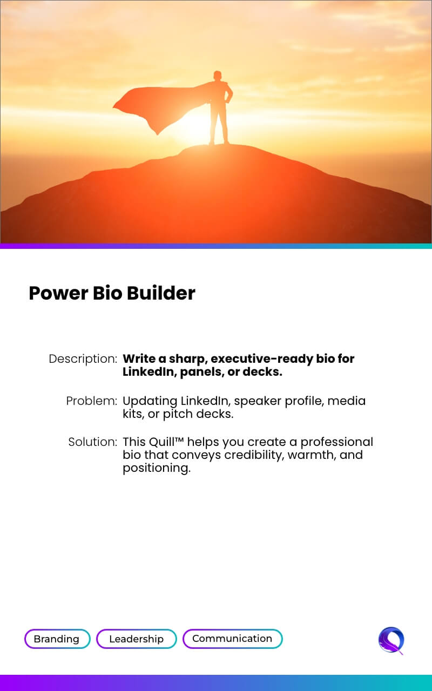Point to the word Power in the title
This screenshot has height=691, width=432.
(59, 293)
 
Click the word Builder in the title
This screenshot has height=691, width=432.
(161, 293)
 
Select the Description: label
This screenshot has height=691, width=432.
(83, 359)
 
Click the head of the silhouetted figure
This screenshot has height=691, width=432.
(218, 76)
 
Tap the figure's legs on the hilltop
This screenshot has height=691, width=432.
(219, 126)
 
